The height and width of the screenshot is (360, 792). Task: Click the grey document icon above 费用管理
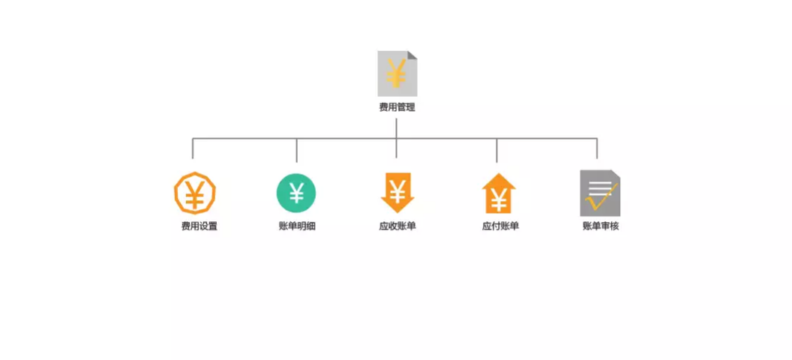(x=397, y=73)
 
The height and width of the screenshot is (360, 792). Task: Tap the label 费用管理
(x=397, y=107)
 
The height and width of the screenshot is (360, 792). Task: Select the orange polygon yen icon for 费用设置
(x=194, y=193)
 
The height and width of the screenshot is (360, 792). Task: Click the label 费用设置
(x=199, y=226)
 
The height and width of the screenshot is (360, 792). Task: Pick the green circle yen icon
(x=296, y=193)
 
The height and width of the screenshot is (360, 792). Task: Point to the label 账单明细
(x=297, y=226)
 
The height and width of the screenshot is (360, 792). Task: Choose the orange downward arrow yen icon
(x=397, y=192)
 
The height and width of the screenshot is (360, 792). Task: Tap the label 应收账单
(x=397, y=226)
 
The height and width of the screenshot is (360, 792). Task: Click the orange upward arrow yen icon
(x=499, y=193)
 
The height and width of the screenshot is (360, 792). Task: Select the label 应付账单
(x=500, y=226)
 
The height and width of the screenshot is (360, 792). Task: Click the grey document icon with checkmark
(x=600, y=193)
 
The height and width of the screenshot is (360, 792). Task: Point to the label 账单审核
(x=601, y=226)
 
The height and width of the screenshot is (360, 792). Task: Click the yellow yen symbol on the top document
(x=396, y=73)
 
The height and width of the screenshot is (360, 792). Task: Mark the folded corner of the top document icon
(x=412, y=55)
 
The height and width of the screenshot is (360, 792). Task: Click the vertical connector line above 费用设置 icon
(x=193, y=148)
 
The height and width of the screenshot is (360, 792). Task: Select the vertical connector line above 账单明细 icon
(x=296, y=151)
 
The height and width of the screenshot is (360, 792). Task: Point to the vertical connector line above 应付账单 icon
(x=496, y=151)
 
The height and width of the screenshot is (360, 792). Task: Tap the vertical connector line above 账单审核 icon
(x=597, y=148)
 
